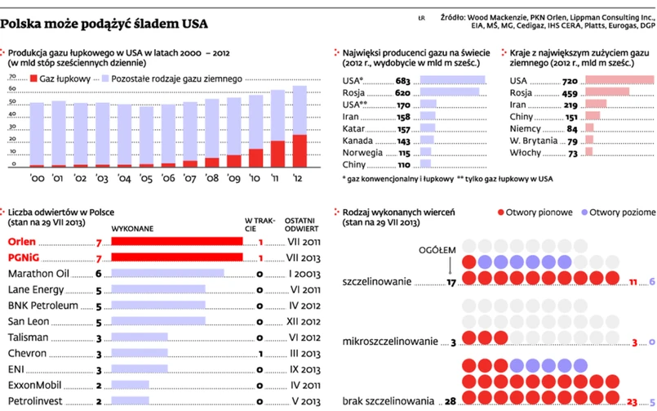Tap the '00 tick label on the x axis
(x=38, y=176)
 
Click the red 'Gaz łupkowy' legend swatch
(x=33, y=78)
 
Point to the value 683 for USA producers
(x=402, y=81)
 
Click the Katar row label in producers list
(x=353, y=129)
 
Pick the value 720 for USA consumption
(x=570, y=81)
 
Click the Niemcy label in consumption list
(x=526, y=129)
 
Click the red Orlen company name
(x=22, y=242)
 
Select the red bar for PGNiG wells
(x=176, y=257)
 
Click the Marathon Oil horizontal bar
(x=167, y=274)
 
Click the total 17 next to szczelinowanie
(x=451, y=284)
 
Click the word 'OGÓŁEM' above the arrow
(x=436, y=249)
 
